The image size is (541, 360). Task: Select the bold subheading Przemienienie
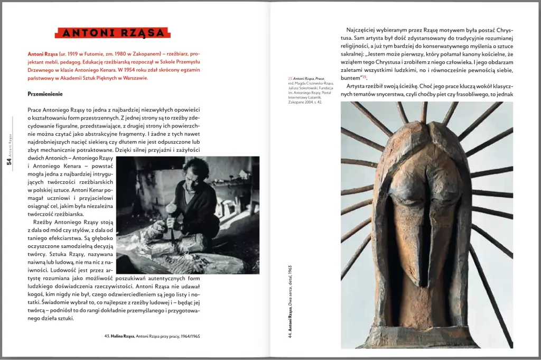(45, 94)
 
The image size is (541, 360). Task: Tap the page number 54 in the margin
(9, 161)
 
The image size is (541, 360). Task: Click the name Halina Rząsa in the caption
(123, 336)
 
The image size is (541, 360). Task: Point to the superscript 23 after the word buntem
(363, 77)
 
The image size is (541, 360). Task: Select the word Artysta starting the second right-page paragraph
(358, 86)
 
